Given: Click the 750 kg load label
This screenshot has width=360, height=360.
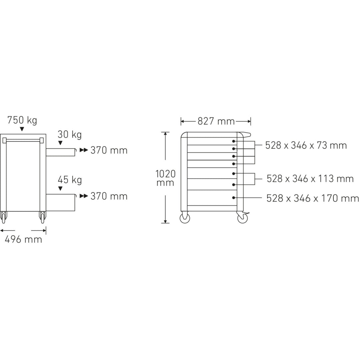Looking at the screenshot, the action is click(x=22, y=120).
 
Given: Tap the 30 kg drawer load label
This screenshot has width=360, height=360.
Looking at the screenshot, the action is click(x=70, y=135).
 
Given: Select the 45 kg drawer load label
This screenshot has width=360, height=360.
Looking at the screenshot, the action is click(x=70, y=180).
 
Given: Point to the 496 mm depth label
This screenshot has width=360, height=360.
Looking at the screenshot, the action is click(x=23, y=239).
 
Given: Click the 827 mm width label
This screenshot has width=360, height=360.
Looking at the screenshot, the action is click(x=216, y=121).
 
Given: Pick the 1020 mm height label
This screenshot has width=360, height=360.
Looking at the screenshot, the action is click(x=165, y=178).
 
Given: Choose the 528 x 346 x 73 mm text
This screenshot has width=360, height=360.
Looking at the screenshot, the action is click(x=306, y=145).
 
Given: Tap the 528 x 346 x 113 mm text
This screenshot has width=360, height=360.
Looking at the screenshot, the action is click(x=310, y=179).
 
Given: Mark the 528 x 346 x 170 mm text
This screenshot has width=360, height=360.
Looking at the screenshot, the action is click(x=312, y=198).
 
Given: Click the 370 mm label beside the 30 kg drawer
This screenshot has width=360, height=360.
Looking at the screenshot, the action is click(x=109, y=150).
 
